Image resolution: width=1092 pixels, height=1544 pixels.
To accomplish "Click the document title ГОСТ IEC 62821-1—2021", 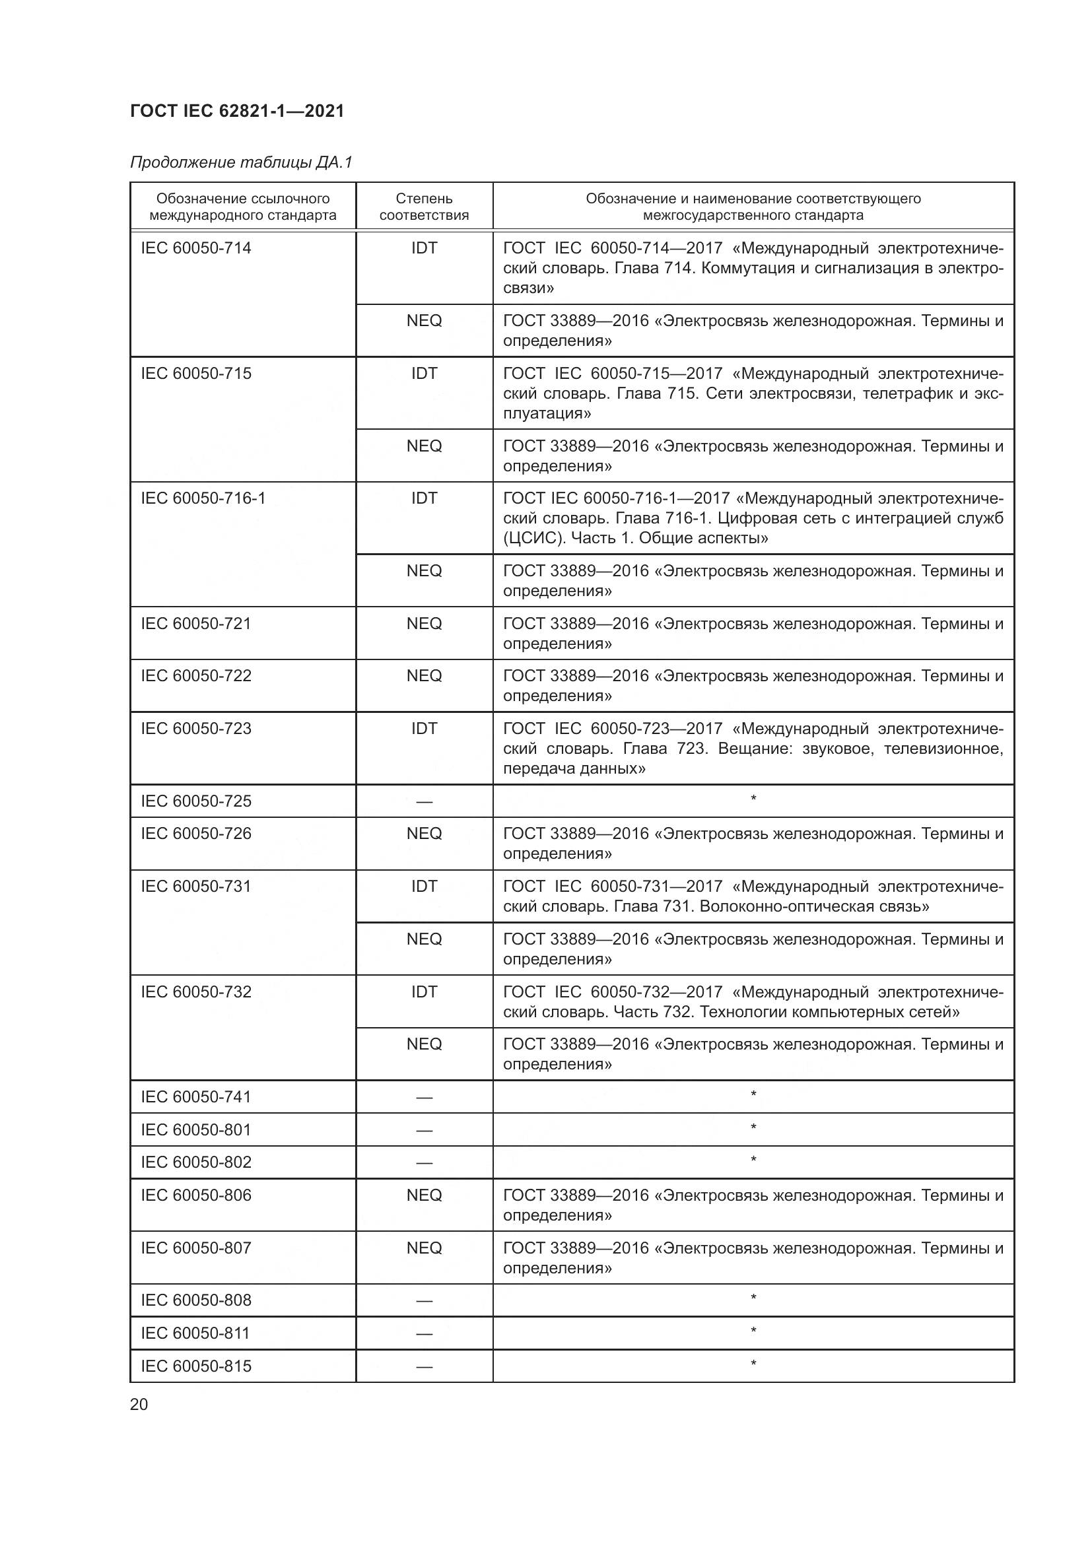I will pyautogui.click(x=237, y=111).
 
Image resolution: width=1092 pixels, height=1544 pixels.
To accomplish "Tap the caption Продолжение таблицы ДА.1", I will pyautogui.click(x=241, y=162).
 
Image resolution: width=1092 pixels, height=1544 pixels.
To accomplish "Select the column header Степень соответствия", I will pyautogui.click(x=424, y=207).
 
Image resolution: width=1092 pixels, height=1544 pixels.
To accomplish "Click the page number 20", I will pyautogui.click(x=139, y=1404).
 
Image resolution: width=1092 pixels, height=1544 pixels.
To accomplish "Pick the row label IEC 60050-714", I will pyautogui.click(x=195, y=248).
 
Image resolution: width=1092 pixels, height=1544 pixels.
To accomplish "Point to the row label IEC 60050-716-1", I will pyautogui.click(x=203, y=498).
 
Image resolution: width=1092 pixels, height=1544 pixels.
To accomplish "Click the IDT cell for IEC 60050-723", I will pyautogui.click(x=424, y=728).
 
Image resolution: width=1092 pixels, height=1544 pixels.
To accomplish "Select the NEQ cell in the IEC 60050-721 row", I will pyautogui.click(x=424, y=623).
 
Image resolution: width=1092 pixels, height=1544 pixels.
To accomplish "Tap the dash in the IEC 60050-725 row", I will pyautogui.click(x=424, y=801).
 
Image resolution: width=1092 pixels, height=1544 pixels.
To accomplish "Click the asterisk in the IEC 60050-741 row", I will pyautogui.click(x=753, y=1094).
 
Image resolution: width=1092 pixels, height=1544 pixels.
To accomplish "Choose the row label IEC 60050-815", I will pyautogui.click(x=195, y=1366).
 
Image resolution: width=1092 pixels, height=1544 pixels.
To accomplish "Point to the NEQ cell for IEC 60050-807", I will pyautogui.click(x=424, y=1248).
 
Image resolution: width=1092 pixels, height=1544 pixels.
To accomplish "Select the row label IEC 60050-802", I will pyautogui.click(x=195, y=1162).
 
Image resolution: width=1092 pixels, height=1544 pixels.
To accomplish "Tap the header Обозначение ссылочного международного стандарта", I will pyautogui.click(x=243, y=207).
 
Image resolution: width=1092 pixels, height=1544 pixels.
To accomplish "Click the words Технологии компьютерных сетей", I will pyautogui.click(x=829, y=1011).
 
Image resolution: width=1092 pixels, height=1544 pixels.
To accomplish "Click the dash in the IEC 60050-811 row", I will pyautogui.click(x=424, y=1333).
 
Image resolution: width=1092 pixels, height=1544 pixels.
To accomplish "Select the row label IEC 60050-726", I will pyautogui.click(x=195, y=833).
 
